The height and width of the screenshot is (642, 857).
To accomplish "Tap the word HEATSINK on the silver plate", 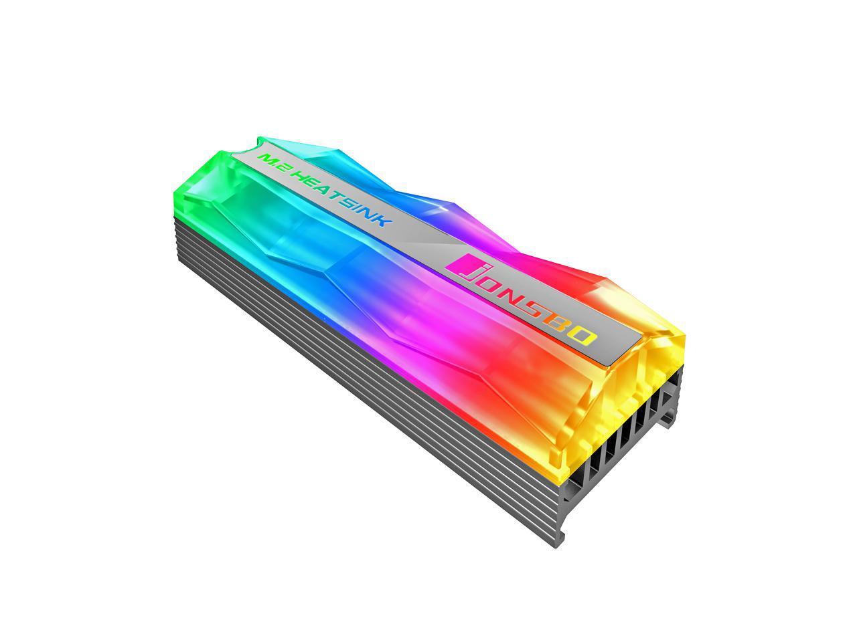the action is click(341, 198).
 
